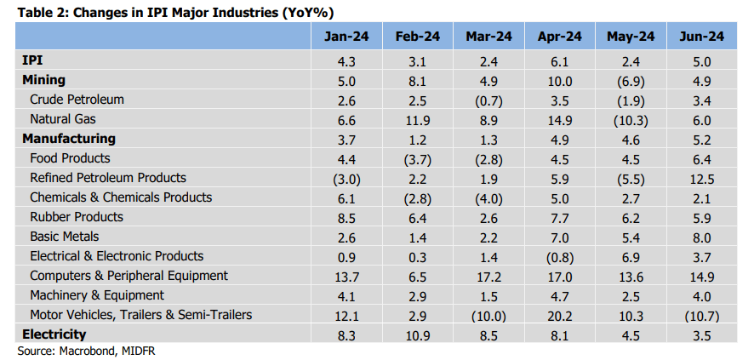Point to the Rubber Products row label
click(77, 217)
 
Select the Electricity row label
click(54, 334)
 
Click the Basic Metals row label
click(64, 237)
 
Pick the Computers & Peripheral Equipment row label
click(129, 276)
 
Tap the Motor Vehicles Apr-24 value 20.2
click(559, 316)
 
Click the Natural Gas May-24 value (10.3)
click(630, 120)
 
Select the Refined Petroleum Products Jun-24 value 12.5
click(701, 179)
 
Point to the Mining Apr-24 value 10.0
click(559, 81)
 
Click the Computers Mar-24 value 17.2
click(488, 277)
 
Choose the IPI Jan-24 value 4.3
click(346, 61)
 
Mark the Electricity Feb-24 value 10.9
click(417, 335)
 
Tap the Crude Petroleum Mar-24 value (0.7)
click(488, 100)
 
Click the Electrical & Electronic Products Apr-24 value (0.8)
click(559, 257)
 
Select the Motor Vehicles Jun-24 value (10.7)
click(701, 316)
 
